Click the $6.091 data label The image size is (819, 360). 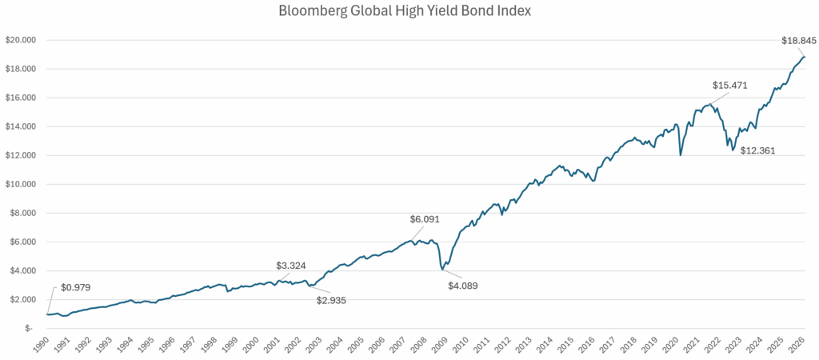click(x=425, y=219)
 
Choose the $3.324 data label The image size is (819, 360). click(x=292, y=265)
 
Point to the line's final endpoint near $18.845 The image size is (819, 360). click(x=805, y=56)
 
